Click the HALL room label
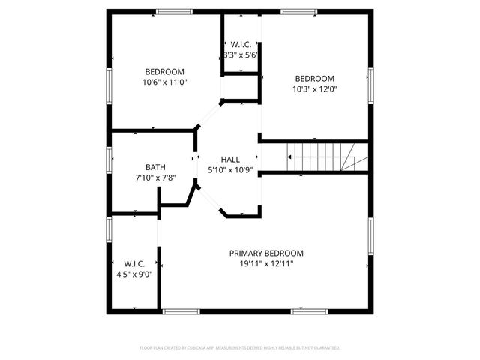point(230,160)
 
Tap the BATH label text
point(155,167)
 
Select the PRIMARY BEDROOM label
point(266,253)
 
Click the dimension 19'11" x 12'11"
point(266,263)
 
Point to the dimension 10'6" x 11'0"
point(164,82)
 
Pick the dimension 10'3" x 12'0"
point(314,88)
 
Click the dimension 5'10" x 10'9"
point(230,170)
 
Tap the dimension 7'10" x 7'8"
point(155,178)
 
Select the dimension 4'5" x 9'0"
point(134,274)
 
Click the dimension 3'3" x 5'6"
point(241,55)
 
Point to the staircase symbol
point(322,157)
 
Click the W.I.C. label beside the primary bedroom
point(134,263)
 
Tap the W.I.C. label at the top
point(241,45)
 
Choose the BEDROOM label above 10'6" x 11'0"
point(164,72)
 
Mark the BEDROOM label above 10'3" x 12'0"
point(314,79)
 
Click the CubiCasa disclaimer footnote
point(240,348)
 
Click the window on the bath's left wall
point(109,159)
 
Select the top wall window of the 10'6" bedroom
point(174,11)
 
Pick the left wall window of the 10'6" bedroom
point(109,84)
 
